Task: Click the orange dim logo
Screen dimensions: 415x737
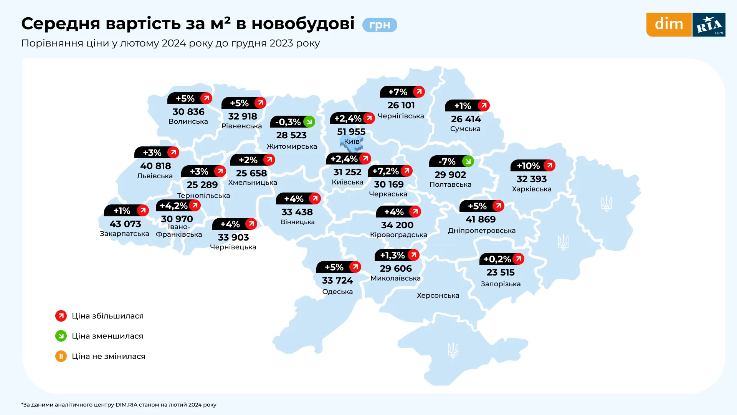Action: click(669, 25)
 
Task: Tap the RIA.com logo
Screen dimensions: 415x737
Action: click(709, 25)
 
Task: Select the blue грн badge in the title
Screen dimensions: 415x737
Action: click(380, 25)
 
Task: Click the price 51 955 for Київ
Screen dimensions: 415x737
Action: click(351, 132)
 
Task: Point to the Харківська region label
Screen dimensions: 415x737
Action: click(532, 189)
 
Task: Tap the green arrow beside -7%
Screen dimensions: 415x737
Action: click(468, 161)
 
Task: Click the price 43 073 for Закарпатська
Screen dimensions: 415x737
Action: click(125, 224)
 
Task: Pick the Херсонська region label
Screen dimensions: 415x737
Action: click(438, 295)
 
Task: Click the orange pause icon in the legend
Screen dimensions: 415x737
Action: click(61, 356)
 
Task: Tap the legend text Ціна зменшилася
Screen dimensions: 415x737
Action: click(107, 336)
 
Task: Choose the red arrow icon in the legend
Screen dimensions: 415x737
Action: click(61, 316)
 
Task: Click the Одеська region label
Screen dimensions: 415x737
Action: click(337, 292)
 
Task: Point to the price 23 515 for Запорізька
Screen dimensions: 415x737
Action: click(501, 272)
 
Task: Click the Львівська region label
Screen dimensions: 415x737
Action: click(155, 176)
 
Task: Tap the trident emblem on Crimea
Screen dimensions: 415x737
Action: click(453, 350)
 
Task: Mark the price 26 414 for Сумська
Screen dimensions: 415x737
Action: click(466, 119)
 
